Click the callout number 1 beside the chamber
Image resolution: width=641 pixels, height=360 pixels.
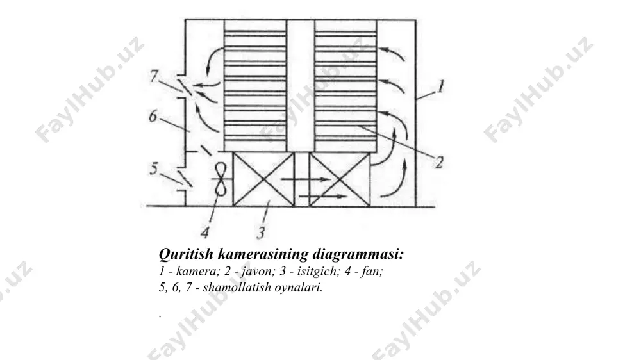(x=440, y=86)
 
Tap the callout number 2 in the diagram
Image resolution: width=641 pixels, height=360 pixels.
(x=439, y=162)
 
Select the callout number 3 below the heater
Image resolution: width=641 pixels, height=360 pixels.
(x=261, y=232)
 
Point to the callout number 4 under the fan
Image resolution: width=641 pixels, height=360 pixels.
(x=205, y=232)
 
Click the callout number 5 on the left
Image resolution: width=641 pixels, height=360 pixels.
(x=153, y=168)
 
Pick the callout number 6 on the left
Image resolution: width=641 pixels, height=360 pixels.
(x=153, y=116)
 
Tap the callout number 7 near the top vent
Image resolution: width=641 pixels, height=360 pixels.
(x=154, y=76)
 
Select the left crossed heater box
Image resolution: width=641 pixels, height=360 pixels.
(x=263, y=179)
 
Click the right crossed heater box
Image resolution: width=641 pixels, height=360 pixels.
(x=340, y=179)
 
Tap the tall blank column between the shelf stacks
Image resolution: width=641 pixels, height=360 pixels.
(x=301, y=86)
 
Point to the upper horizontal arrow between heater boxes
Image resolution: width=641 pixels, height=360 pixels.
(x=304, y=179)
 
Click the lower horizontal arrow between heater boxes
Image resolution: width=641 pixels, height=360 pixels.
(x=323, y=197)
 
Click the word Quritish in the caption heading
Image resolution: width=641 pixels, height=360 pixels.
(x=186, y=254)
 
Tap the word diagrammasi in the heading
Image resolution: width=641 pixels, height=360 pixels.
(x=358, y=254)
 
